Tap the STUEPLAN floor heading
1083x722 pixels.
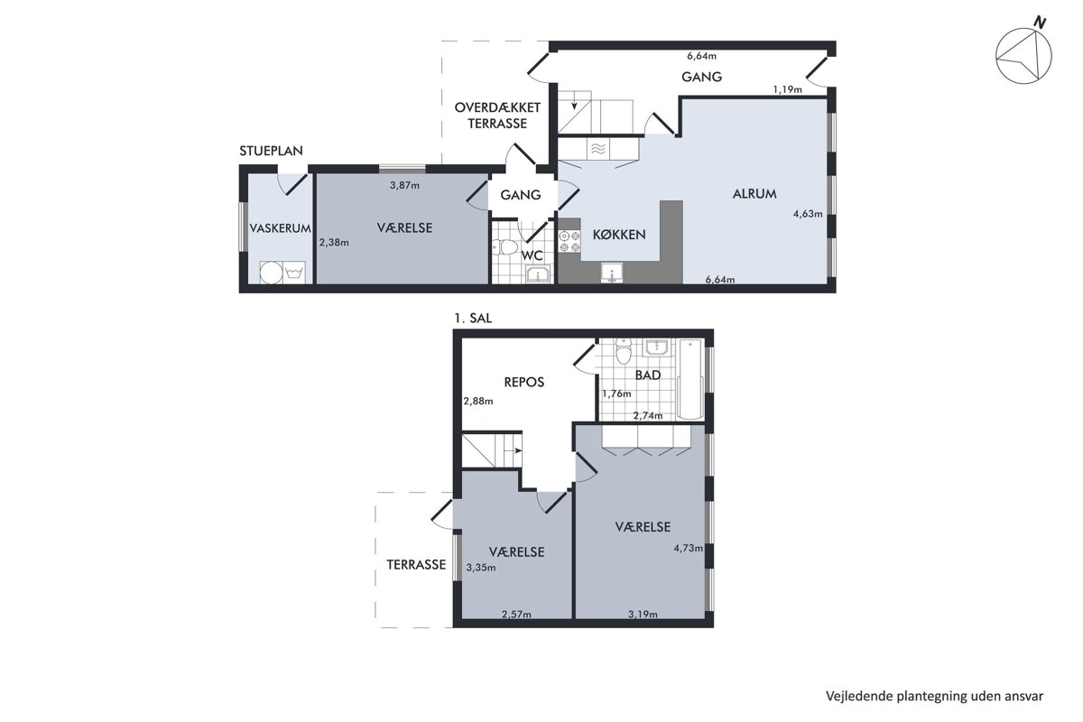pyautogui.click(x=272, y=151)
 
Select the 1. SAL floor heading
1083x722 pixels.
pyautogui.click(x=473, y=319)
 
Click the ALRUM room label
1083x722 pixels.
pyautogui.click(x=754, y=194)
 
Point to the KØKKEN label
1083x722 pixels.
pyautogui.click(x=619, y=235)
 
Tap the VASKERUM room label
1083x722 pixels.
pyautogui.click(x=280, y=228)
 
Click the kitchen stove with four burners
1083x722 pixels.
pyautogui.click(x=569, y=241)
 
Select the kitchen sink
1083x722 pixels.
pyautogui.click(x=612, y=273)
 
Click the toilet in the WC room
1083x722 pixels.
pyautogui.click(x=505, y=247)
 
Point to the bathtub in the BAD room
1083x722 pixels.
pyautogui.click(x=690, y=379)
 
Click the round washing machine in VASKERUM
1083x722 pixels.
pyautogui.click(x=271, y=273)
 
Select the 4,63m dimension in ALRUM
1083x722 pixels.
pyautogui.click(x=808, y=214)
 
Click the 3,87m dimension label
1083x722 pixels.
pyautogui.click(x=404, y=185)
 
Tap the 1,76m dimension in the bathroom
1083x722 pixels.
pyautogui.click(x=616, y=393)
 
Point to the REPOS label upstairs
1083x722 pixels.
pyautogui.click(x=524, y=382)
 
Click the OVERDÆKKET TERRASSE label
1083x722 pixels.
pyautogui.click(x=497, y=116)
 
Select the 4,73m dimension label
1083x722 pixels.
pyautogui.click(x=688, y=548)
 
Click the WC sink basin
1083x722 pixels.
pyautogui.click(x=538, y=274)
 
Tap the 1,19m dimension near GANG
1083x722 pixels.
pyautogui.click(x=787, y=89)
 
